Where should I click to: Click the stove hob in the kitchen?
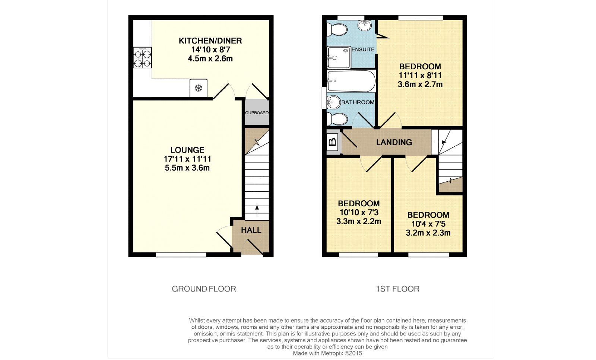pos(142,58)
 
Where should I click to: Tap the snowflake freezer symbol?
pos(199,88)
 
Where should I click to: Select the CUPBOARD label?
pos(257,113)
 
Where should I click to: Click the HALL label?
pos(251,230)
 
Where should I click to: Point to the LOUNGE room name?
pos(187,150)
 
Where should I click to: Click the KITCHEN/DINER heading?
pos(210,41)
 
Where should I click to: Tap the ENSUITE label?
pos(363,50)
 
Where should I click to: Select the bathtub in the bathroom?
pos(351,81)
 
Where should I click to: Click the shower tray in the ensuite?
pos(339,57)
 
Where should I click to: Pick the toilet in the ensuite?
pos(337,29)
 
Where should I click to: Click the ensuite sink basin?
pos(365,25)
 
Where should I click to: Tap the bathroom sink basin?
pos(333,102)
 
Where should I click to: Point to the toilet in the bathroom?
pos(337,119)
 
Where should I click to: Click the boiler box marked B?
pos(332,142)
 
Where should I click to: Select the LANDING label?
pos(394,142)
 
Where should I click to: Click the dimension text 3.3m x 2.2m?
pos(359,222)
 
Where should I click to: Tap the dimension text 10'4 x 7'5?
pos(428,224)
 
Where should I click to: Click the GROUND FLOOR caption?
pos(204,289)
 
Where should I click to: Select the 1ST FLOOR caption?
pos(397,289)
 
